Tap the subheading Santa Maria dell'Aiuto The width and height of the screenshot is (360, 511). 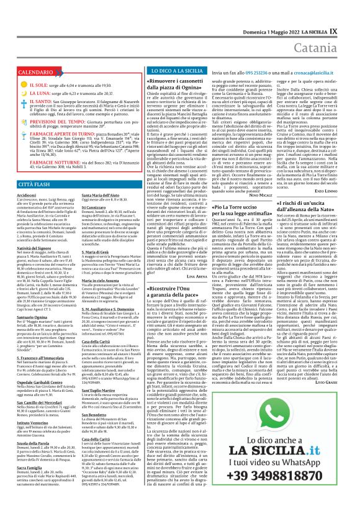[90, 194]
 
